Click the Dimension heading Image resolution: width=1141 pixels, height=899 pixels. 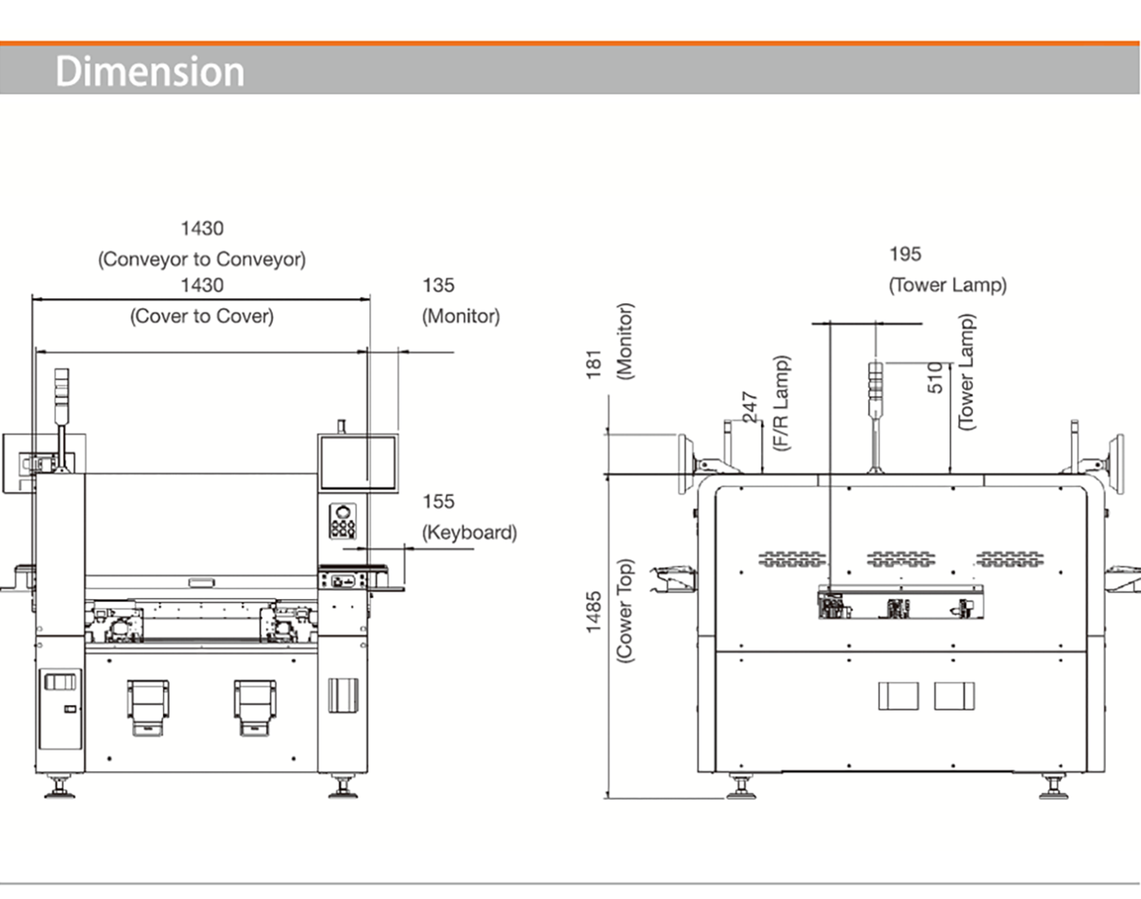point(149,71)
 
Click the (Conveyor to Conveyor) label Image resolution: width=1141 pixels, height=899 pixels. point(202,259)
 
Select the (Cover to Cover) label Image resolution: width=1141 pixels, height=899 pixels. point(202,316)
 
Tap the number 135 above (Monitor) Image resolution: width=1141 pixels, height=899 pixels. point(438,285)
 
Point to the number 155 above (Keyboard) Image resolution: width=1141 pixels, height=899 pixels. point(438,501)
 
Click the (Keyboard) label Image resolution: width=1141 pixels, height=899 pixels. point(469,532)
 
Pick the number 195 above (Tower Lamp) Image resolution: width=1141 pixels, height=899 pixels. point(905,254)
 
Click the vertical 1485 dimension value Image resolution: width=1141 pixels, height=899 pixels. point(594,611)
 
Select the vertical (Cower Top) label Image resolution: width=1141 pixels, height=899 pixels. point(625,610)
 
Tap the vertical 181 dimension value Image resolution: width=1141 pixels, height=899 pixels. point(594,364)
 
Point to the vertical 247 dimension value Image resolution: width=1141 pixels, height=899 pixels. point(751,407)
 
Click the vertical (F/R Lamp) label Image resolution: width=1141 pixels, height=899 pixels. point(782,403)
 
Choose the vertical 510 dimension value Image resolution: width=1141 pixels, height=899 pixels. point(936,377)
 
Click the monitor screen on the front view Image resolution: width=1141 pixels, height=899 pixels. point(358,462)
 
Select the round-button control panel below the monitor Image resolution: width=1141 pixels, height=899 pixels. point(342,521)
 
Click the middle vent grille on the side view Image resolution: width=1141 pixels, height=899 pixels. point(901,559)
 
